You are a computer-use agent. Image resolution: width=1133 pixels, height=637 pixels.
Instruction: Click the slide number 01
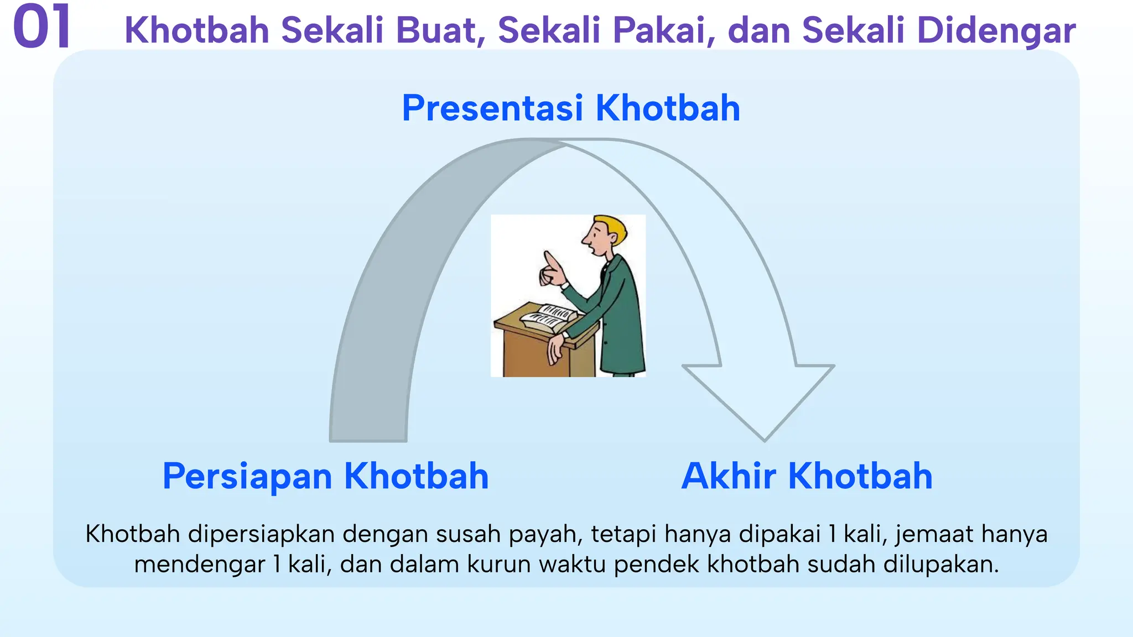coord(42,27)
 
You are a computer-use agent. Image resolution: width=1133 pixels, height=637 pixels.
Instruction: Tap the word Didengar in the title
coord(996,31)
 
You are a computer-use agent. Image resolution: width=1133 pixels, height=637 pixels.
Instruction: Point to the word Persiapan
coord(248,477)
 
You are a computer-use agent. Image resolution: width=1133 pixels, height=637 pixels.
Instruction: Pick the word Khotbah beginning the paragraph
coord(133,534)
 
